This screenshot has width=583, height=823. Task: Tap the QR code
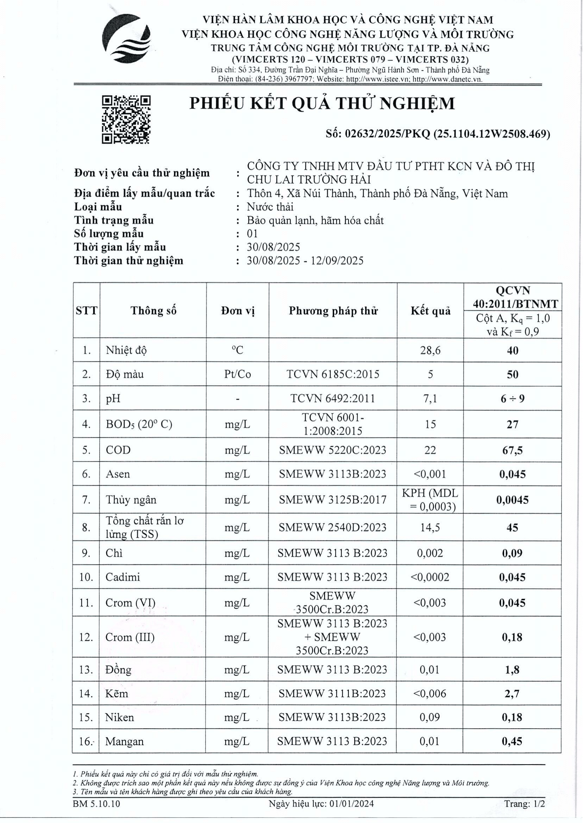[x=126, y=120]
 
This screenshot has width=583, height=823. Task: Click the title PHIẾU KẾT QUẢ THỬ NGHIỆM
[x=322, y=104]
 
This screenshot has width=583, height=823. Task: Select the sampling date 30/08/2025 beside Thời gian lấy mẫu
[x=273, y=247]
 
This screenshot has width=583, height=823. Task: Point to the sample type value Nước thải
[x=270, y=207]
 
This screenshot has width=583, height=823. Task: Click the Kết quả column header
[x=431, y=311]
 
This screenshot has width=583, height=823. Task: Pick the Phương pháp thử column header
[x=333, y=311]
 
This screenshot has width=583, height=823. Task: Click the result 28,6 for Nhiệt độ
[x=430, y=350]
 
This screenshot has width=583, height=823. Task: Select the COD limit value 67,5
[x=512, y=450]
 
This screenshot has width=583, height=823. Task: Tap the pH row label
[x=113, y=399]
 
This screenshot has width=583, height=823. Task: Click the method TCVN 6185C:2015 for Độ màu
[x=333, y=374]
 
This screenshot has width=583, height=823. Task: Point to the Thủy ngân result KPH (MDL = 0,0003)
[x=430, y=500]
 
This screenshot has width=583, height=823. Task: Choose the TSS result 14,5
[x=430, y=527]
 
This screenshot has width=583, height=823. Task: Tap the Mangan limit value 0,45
[x=512, y=741]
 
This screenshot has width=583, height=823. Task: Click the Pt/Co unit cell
[x=237, y=374]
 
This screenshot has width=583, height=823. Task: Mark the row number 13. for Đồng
[x=86, y=670]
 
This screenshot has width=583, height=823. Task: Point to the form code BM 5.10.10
[x=96, y=804]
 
